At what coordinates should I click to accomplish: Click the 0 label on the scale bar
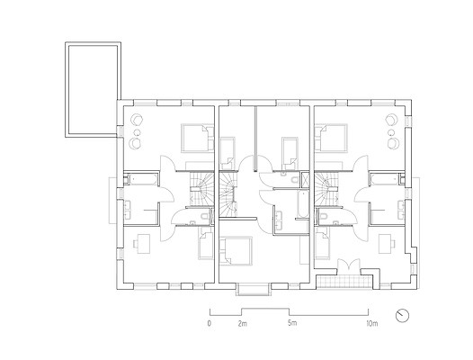pyautogui.click(x=209, y=323)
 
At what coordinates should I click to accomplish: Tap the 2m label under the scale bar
pyautogui.click(x=242, y=324)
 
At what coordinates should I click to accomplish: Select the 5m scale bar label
pyautogui.click(x=292, y=323)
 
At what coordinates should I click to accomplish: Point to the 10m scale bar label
pyautogui.click(x=372, y=324)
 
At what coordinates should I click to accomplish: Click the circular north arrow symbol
pyautogui.click(x=403, y=316)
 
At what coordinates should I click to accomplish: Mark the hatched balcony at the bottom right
pyautogui.click(x=344, y=282)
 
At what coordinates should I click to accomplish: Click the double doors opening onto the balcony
pyautogui.click(x=349, y=265)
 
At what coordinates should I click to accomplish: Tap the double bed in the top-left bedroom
pyautogui.click(x=197, y=138)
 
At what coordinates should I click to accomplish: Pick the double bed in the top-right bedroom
pyautogui.click(x=331, y=138)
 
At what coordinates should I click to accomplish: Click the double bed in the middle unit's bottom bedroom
pyautogui.click(x=236, y=251)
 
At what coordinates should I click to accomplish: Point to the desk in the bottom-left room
pyautogui.click(x=143, y=243)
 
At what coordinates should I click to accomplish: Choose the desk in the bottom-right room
pyautogui.click(x=386, y=243)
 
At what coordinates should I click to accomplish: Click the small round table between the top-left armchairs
pyautogui.click(x=138, y=132)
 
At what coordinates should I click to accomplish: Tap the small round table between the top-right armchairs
pyautogui.click(x=391, y=132)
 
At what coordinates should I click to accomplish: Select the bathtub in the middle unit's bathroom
pyautogui.click(x=302, y=204)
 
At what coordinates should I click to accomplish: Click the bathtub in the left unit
pyautogui.click(x=142, y=179)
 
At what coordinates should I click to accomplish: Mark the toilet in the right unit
pyautogui.click(x=324, y=216)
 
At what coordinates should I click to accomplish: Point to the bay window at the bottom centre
pyautogui.click(x=253, y=289)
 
